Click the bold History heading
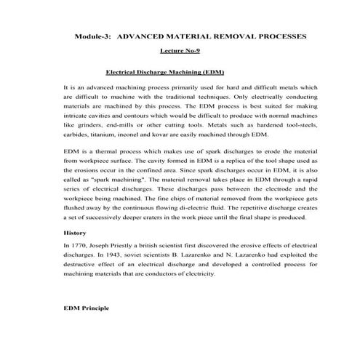point(75,233)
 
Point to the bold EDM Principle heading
point(87,308)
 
